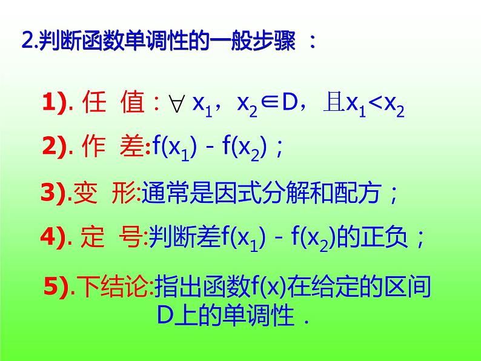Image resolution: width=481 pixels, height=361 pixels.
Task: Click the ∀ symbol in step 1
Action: (x=177, y=105)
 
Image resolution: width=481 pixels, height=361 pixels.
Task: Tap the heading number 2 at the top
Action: (x=26, y=42)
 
